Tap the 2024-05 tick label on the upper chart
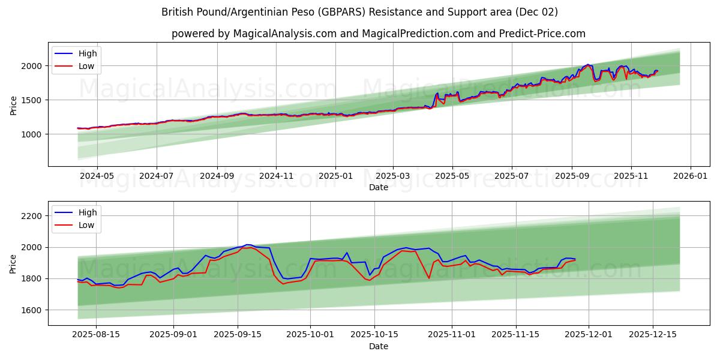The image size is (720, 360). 97,176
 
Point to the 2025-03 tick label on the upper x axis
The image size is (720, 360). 393,176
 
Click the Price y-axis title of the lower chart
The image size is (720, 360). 13,263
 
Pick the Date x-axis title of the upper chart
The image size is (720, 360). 379,187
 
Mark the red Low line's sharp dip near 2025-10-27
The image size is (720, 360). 429,278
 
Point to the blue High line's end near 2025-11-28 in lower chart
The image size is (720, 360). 575,259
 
